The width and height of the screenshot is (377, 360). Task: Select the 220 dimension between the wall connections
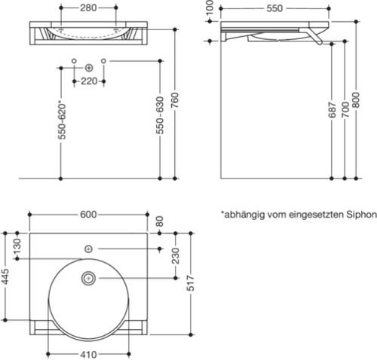click(x=88, y=81)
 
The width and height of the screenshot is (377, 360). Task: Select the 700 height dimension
click(x=345, y=114)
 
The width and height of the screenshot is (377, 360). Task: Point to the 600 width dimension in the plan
click(x=88, y=215)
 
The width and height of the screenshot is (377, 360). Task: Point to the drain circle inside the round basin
click(x=88, y=279)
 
